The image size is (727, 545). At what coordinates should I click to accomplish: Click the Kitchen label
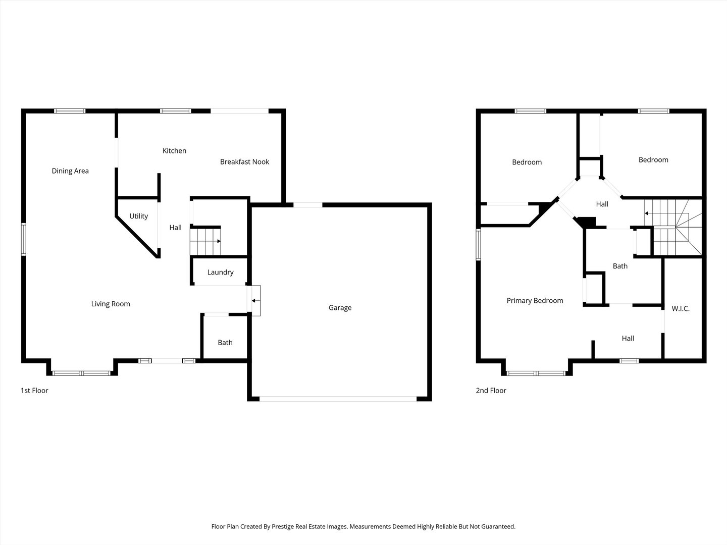pyautogui.click(x=174, y=150)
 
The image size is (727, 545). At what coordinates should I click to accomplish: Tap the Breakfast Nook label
pyautogui.click(x=244, y=162)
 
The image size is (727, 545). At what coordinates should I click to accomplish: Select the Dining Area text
pyautogui.click(x=70, y=171)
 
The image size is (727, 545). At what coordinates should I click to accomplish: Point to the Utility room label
pyautogui.click(x=138, y=216)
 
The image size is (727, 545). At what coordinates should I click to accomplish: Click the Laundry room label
pyautogui.click(x=220, y=272)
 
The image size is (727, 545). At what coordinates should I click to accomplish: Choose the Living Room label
pyautogui.click(x=111, y=304)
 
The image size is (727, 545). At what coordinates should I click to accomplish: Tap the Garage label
pyautogui.click(x=340, y=308)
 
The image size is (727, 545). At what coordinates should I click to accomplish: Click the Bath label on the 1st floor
pyautogui.click(x=225, y=343)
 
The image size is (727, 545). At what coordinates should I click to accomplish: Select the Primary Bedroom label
pyautogui.click(x=535, y=300)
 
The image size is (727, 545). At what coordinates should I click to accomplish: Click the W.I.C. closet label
pyautogui.click(x=680, y=308)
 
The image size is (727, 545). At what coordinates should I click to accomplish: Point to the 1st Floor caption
pyautogui.click(x=34, y=391)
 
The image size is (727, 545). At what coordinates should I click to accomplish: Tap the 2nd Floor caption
pyautogui.click(x=491, y=391)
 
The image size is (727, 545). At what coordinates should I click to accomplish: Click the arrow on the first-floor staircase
pyautogui.click(x=219, y=241)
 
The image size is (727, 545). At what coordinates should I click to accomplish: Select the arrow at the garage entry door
pyautogui.click(x=255, y=301)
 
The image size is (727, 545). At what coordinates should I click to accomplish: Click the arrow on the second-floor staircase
pyautogui.click(x=646, y=213)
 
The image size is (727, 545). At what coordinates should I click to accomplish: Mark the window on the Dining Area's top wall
pyautogui.click(x=70, y=111)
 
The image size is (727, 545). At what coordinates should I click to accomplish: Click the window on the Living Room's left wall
pyautogui.click(x=24, y=239)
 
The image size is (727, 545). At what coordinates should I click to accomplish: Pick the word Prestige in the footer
pyautogui.click(x=283, y=526)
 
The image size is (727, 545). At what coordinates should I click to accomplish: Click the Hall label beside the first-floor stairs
pyautogui.click(x=175, y=228)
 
